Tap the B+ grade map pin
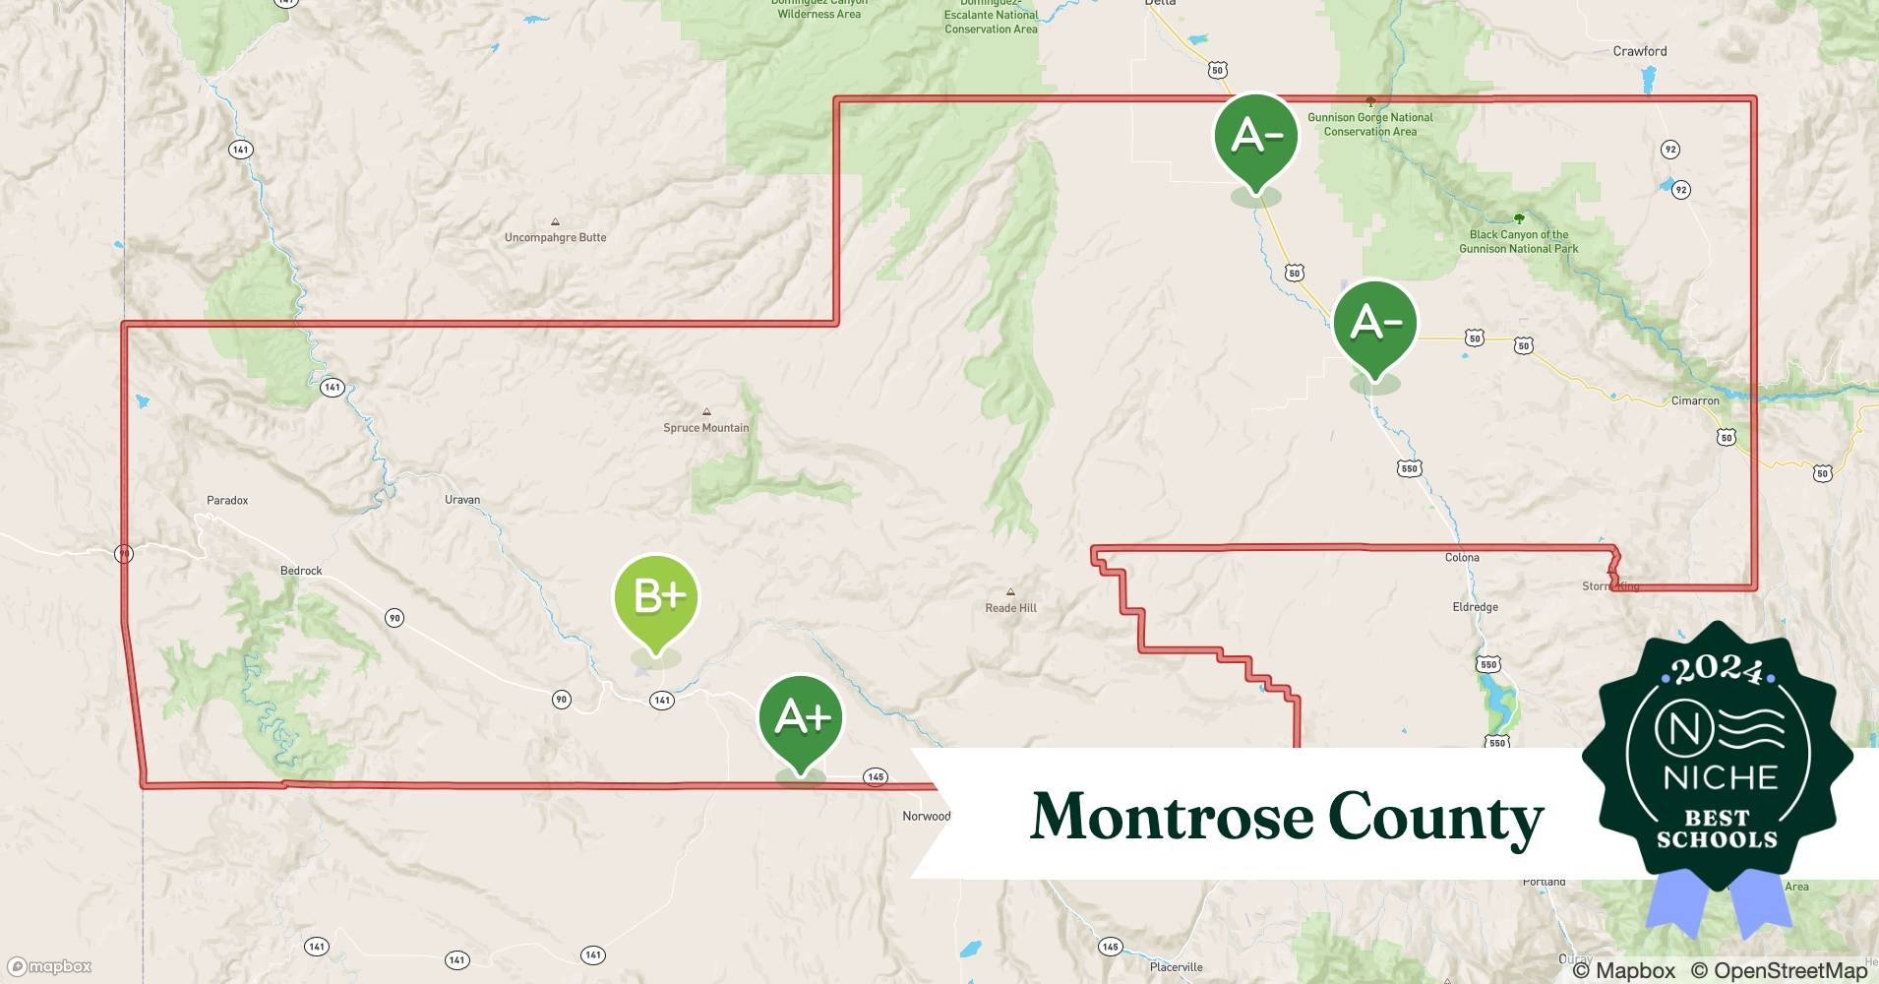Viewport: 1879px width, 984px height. (x=656, y=597)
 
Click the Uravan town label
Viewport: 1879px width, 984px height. (x=462, y=500)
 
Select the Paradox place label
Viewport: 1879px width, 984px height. (x=227, y=501)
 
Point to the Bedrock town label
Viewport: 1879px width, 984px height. (x=301, y=571)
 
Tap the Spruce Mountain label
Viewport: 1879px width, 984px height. (x=705, y=428)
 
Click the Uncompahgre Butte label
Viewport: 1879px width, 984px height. (x=555, y=238)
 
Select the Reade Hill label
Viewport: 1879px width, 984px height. (x=1010, y=608)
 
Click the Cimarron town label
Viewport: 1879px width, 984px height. (x=1695, y=401)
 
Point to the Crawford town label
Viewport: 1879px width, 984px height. (x=1639, y=51)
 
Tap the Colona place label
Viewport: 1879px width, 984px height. (x=1462, y=558)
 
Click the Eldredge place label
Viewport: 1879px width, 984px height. (x=1475, y=607)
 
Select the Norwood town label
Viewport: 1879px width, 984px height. (x=926, y=817)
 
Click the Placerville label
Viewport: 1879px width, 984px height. (x=1176, y=967)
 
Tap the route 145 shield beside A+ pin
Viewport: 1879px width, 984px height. (x=876, y=777)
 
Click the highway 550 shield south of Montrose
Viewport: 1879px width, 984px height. (x=1409, y=469)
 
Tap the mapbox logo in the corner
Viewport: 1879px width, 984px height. (x=49, y=966)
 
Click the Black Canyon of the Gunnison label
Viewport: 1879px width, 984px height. (x=1518, y=242)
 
